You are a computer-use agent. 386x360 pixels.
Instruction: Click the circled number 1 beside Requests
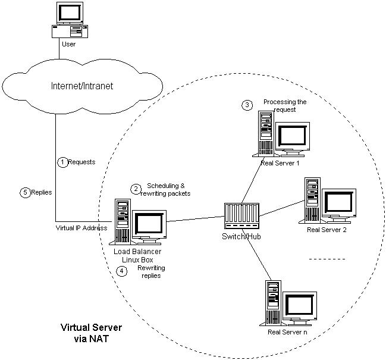[x=62, y=161]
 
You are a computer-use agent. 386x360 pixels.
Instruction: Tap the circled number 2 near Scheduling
[x=136, y=189]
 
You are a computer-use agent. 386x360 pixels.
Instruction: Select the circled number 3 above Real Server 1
[x=247, y=105]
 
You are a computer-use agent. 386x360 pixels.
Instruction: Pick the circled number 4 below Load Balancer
[x=122, y=271]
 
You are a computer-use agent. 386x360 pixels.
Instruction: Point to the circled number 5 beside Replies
[x=24, y=192]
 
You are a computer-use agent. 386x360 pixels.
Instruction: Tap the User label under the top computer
[x=68, y=44]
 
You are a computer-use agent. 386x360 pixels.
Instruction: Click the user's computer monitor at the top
[x=69, y=11]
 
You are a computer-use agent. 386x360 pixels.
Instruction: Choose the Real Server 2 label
[x=327, y=229]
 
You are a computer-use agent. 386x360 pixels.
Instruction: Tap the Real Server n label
[x=287, y=331]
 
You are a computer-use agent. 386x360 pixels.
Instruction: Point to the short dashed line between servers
[x=327, y=259]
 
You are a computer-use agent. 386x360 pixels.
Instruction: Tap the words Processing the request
[x=284, y=106]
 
